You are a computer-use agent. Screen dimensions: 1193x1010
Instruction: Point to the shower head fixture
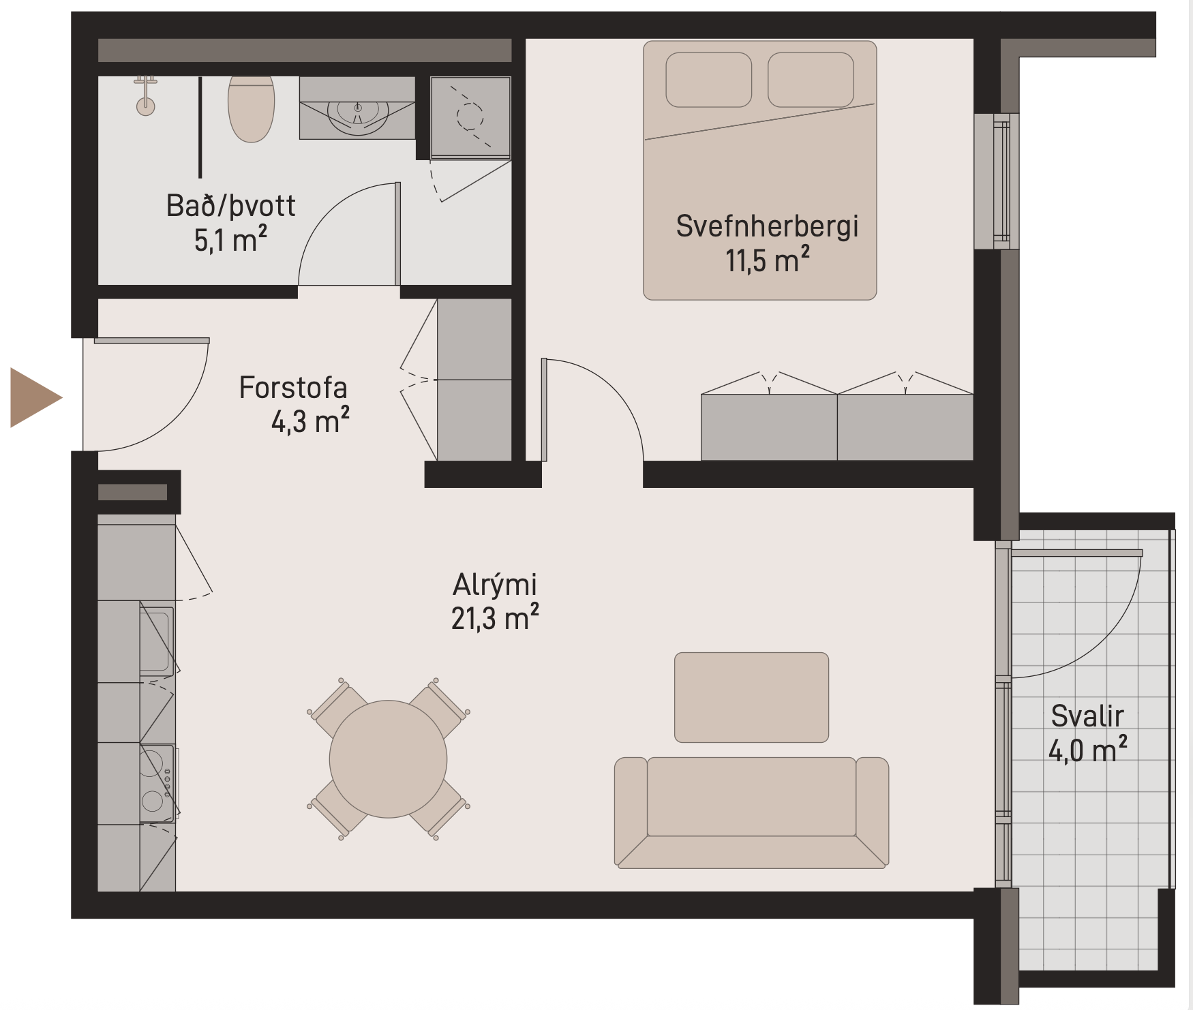point(145,95)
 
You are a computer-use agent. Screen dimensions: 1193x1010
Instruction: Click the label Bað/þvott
point(230,205)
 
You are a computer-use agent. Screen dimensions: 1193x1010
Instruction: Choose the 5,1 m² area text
point(230,239)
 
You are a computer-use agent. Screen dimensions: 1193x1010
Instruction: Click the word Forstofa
point(293,388)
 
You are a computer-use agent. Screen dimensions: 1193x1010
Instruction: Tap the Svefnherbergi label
point(767,226)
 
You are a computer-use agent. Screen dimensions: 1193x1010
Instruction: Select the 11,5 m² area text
point(767,260)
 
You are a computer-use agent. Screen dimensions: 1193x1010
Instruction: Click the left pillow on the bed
point(708,80)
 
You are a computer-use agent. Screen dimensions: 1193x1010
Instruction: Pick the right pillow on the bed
point(811,80)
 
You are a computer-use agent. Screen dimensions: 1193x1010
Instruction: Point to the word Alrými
point(495,585)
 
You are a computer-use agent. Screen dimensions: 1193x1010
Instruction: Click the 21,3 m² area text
point(495,618)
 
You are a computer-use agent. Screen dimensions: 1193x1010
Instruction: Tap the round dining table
point(388,759)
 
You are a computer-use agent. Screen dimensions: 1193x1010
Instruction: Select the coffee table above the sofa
point(751,697)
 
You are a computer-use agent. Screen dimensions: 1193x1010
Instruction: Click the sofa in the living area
point(751,812)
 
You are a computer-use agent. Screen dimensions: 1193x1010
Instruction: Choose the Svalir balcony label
point(1087,716)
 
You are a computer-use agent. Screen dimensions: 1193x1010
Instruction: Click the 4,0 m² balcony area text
point(1087,750)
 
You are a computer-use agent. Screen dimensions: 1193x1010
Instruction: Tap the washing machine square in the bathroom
point(470,117)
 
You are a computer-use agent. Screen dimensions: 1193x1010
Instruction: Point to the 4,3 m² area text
point(310,421)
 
